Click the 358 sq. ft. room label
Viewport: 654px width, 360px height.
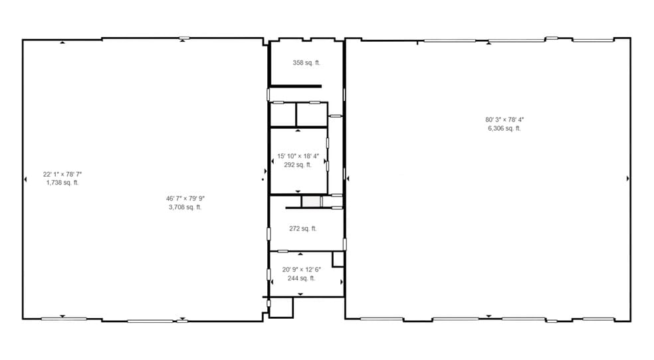pyautogui.click(x=306, y=63)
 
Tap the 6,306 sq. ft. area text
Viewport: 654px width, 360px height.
pyautogui.click(x=504, y=128)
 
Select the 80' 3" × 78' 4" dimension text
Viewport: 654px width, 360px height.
pyautogui.click(x=505, y=120)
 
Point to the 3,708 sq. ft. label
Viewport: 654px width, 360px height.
pyautogui.click(x=185, y=207)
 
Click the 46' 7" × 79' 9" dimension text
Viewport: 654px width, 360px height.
pyautogui.click(x=185, y=198)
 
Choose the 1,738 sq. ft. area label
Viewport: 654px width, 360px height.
pyautogui.click(x=62, y=183)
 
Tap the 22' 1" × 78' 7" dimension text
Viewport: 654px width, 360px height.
pyautogui.click(x=62, y=174)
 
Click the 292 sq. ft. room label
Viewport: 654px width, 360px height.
pyautogui.click(x=297, y=165)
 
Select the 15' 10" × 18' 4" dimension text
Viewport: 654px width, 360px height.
pyautogui.click(x=298, y=157)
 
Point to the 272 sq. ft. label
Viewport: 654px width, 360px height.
pyautogui.click(x=302, y=228)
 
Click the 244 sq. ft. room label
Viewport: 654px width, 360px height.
pyautogui.click(x=301, y=278)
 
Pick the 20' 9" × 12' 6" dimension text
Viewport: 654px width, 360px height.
pyautogui.click(x=301, y=270)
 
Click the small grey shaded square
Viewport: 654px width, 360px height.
pyautogui.click(x=310, y=201)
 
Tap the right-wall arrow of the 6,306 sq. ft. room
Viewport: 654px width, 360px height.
pyautogui.click(x=627, y=179)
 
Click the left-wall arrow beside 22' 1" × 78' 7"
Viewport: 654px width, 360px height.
pyautogui.click(x=25, y=179)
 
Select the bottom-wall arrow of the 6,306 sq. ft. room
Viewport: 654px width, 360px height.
pyautogui.click(x=489, y=315)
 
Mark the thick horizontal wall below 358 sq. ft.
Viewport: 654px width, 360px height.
pyautogui.click(x=295, y=86)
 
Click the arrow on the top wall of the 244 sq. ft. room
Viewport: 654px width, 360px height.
pyautogui.click(x=300, y=254)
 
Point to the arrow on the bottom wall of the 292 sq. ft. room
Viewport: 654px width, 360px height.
pyautogui.click(x=297, y=191)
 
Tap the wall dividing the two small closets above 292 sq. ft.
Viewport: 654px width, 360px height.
pyautogui.click(x=296, y=114)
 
